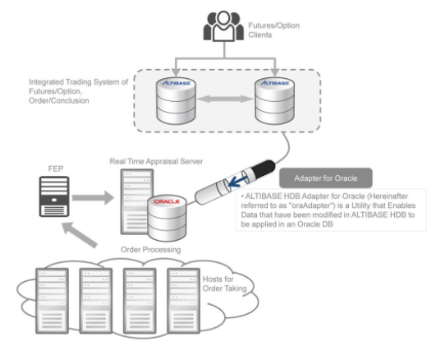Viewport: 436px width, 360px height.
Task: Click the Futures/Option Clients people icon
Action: coord(223,26)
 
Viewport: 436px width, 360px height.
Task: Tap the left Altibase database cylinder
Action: coord(176,100)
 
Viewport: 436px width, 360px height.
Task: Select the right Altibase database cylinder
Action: coord(275,100)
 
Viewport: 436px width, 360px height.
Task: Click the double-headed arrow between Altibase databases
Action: coord(225,99)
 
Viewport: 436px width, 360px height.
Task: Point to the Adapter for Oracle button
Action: coord(326,178)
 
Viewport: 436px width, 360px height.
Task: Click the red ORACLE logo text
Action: coord(167,201)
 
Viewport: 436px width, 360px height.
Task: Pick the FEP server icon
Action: coord(54,196)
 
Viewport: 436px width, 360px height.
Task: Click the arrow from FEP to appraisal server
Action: coord(93,198)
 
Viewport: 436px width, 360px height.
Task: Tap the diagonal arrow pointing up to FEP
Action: coord(80,234)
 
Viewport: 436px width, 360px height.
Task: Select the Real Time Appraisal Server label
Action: coord(156,161)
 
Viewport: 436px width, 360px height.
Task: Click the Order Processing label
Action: coord(151,250)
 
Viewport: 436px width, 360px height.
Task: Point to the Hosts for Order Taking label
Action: coord(225,284)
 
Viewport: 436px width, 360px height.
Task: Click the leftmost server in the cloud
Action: coord(52,301)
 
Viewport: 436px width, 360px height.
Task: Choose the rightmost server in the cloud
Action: coord(184,301)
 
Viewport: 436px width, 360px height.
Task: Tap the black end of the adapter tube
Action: coord(264,168)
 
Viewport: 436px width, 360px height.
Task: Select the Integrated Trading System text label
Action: coord(78,91)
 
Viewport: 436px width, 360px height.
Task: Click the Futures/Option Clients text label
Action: coord(274,30)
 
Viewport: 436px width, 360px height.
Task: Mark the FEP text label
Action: coord(56,168)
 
